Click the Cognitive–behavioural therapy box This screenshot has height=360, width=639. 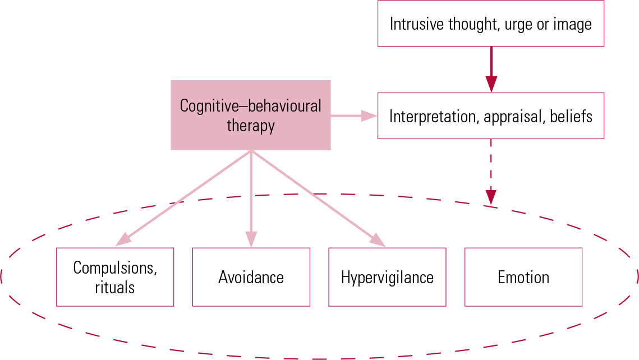coord(250,115)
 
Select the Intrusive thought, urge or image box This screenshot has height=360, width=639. coord(490,24)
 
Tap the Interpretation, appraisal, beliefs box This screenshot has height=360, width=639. coord(490,116)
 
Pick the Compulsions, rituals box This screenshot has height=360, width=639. coord(115,277)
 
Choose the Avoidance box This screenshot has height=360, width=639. coord(251,277)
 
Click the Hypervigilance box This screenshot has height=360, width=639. coord(387,277)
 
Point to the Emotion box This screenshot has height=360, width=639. coord(523,277)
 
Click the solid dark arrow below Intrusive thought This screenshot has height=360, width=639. coord(491,68)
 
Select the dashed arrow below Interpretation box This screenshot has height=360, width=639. coord(491,171)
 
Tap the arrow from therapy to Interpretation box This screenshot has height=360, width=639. coord(353,116)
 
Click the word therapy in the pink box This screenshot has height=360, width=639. coord(250,125)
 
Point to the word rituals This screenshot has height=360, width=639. coord(115,287)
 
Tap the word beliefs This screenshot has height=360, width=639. coord(571,116)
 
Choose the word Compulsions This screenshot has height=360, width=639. coord(115,267)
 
